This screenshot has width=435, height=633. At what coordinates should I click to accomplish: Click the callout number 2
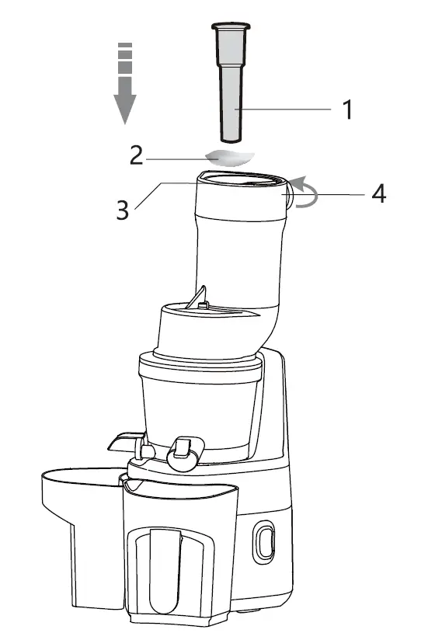click(137, 156)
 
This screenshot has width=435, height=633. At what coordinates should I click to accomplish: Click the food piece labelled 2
click(231, 157)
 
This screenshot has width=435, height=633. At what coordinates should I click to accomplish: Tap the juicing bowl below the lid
click(199, 404)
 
